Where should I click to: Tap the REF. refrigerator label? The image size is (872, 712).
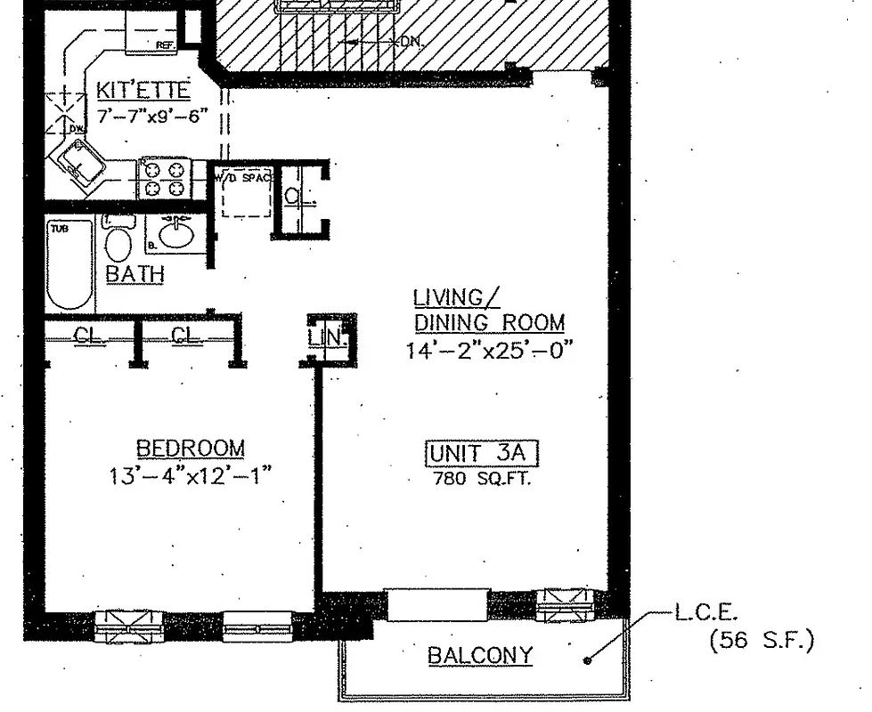coord(165,44)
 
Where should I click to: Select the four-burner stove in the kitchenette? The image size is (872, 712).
coord(166,176)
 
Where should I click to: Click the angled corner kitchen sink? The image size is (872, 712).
coord(80,166)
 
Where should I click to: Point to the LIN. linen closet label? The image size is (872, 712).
coord(319,338)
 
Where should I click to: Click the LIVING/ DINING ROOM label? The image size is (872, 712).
coord(488,309)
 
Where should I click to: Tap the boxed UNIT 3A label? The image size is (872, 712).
coord(482,454)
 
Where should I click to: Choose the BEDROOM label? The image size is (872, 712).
coord(190,448)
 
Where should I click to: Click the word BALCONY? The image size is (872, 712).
coord(480,656)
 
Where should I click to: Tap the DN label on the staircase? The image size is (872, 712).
coord(412,42)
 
